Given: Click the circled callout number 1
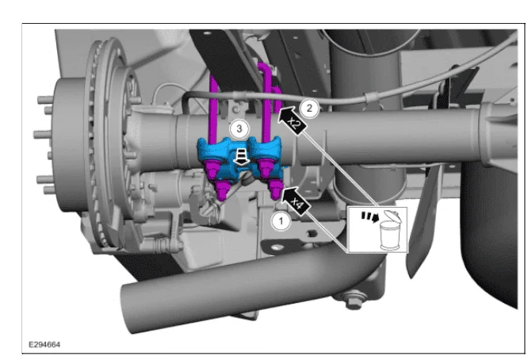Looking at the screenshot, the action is point(281,221).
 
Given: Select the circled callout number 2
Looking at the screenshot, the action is point(308,109).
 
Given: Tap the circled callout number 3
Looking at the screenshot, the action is point(239,128).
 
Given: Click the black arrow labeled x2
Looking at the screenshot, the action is point(291,121).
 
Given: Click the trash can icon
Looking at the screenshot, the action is point(391,231).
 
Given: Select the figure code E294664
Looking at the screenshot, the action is point(44,344).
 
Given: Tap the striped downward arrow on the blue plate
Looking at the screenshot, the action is point(242,158).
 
